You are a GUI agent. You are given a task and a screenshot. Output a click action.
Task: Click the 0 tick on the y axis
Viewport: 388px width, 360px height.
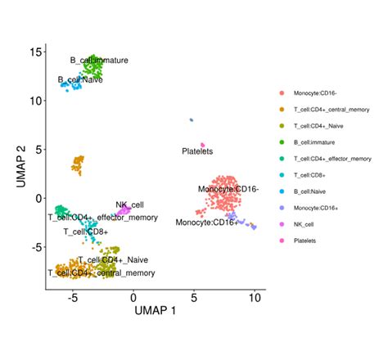[x=37, y=197]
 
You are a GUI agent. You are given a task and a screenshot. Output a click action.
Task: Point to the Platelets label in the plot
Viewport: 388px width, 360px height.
[x=197, y=151]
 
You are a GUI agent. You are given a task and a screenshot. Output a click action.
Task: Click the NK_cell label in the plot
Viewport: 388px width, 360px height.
[x=129, y=205]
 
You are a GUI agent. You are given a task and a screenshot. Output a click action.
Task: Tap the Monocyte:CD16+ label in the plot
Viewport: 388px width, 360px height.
[x=207, y=222]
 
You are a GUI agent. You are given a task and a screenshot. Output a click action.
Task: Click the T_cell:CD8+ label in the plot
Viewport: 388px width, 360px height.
[x=86, y=232]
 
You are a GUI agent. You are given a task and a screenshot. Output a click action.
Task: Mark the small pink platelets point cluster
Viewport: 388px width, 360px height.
[x=203, y=145]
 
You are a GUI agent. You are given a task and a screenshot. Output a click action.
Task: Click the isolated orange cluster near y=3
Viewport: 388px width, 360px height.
[x=78, y=164]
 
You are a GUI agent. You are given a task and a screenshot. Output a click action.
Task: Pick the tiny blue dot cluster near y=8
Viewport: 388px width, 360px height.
[x=191, y=119]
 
